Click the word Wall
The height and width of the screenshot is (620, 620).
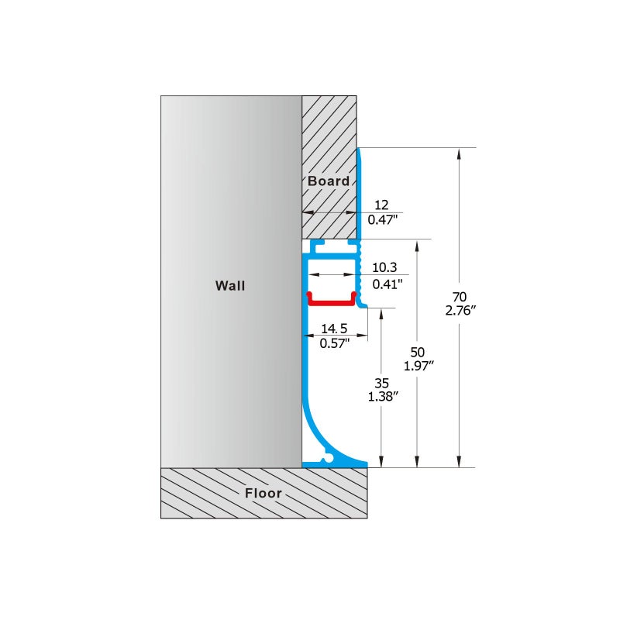click(x=230, y=285)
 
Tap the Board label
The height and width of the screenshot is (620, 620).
click(x=329, y=181)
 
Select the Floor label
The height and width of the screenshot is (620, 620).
click(x=263, y=493)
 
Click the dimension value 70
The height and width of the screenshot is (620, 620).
click(x=460, y=297)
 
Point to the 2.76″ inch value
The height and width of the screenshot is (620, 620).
click(x=460, y=311)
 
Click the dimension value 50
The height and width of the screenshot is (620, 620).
click(x=418, y=352)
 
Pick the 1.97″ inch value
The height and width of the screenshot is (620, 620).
click(x=418, y=366)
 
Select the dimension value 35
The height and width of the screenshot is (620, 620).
click(x=381, y=383)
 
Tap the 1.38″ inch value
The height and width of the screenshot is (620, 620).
click(x=382, y=397)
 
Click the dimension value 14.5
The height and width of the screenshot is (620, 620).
click(x=334, y=329)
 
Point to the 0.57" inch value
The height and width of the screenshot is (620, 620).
click(x=335, y=343)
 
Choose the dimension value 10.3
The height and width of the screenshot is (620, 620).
click(x=384, y=267)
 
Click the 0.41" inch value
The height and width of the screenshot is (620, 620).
click(x=387, y=284)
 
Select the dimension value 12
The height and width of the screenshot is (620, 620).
click(x=381, y=205)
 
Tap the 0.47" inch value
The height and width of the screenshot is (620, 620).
click(x=382, y=219)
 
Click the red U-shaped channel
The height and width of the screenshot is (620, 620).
click(x=332, y=303)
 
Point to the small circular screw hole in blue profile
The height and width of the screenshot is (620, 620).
click(x=328, y=459)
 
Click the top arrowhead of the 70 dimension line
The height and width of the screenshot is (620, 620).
click(x=459, y=153)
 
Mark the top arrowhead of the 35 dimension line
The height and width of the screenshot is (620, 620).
click(x=381, y=314)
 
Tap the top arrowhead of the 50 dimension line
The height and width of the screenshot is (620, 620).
click(x=417, y=245)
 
